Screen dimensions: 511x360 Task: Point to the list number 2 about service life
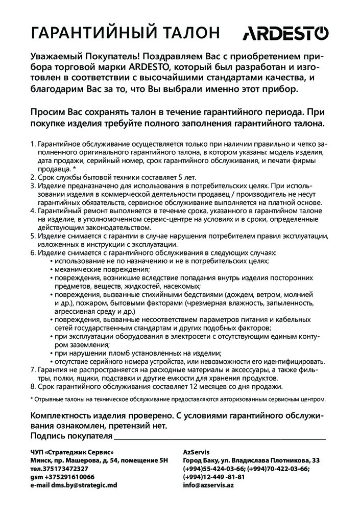pyautogui.click(x=34, y=177)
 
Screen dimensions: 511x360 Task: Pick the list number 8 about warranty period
pyautogui.click(x=34, y=386)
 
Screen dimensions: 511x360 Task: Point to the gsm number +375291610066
pyautogui.click(x=62, y=476)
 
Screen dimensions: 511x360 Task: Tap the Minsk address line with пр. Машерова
pyautogui.click(x=99, y=460)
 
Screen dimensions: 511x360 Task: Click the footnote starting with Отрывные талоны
pyautogui.click(x=179, y=398)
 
